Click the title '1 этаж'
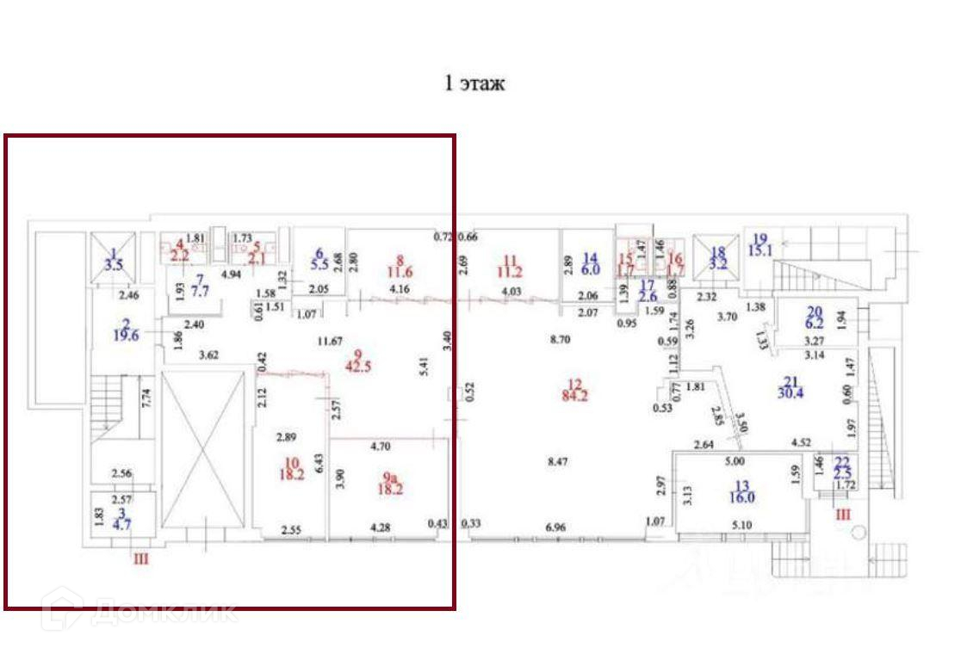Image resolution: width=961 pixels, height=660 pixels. click(x=474, y=83)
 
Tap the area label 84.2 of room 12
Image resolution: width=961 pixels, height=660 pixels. click(x=575, y=397)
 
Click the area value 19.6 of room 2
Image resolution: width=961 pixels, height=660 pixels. click(x=127, y=336)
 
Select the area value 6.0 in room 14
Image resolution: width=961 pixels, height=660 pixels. click(x=590, y=269)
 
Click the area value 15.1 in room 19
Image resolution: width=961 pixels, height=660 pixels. click(x=760, y=250)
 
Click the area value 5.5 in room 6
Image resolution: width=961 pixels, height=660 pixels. click(x=319, y=266)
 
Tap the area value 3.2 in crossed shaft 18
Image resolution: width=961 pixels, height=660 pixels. click(x=718, y=264)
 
